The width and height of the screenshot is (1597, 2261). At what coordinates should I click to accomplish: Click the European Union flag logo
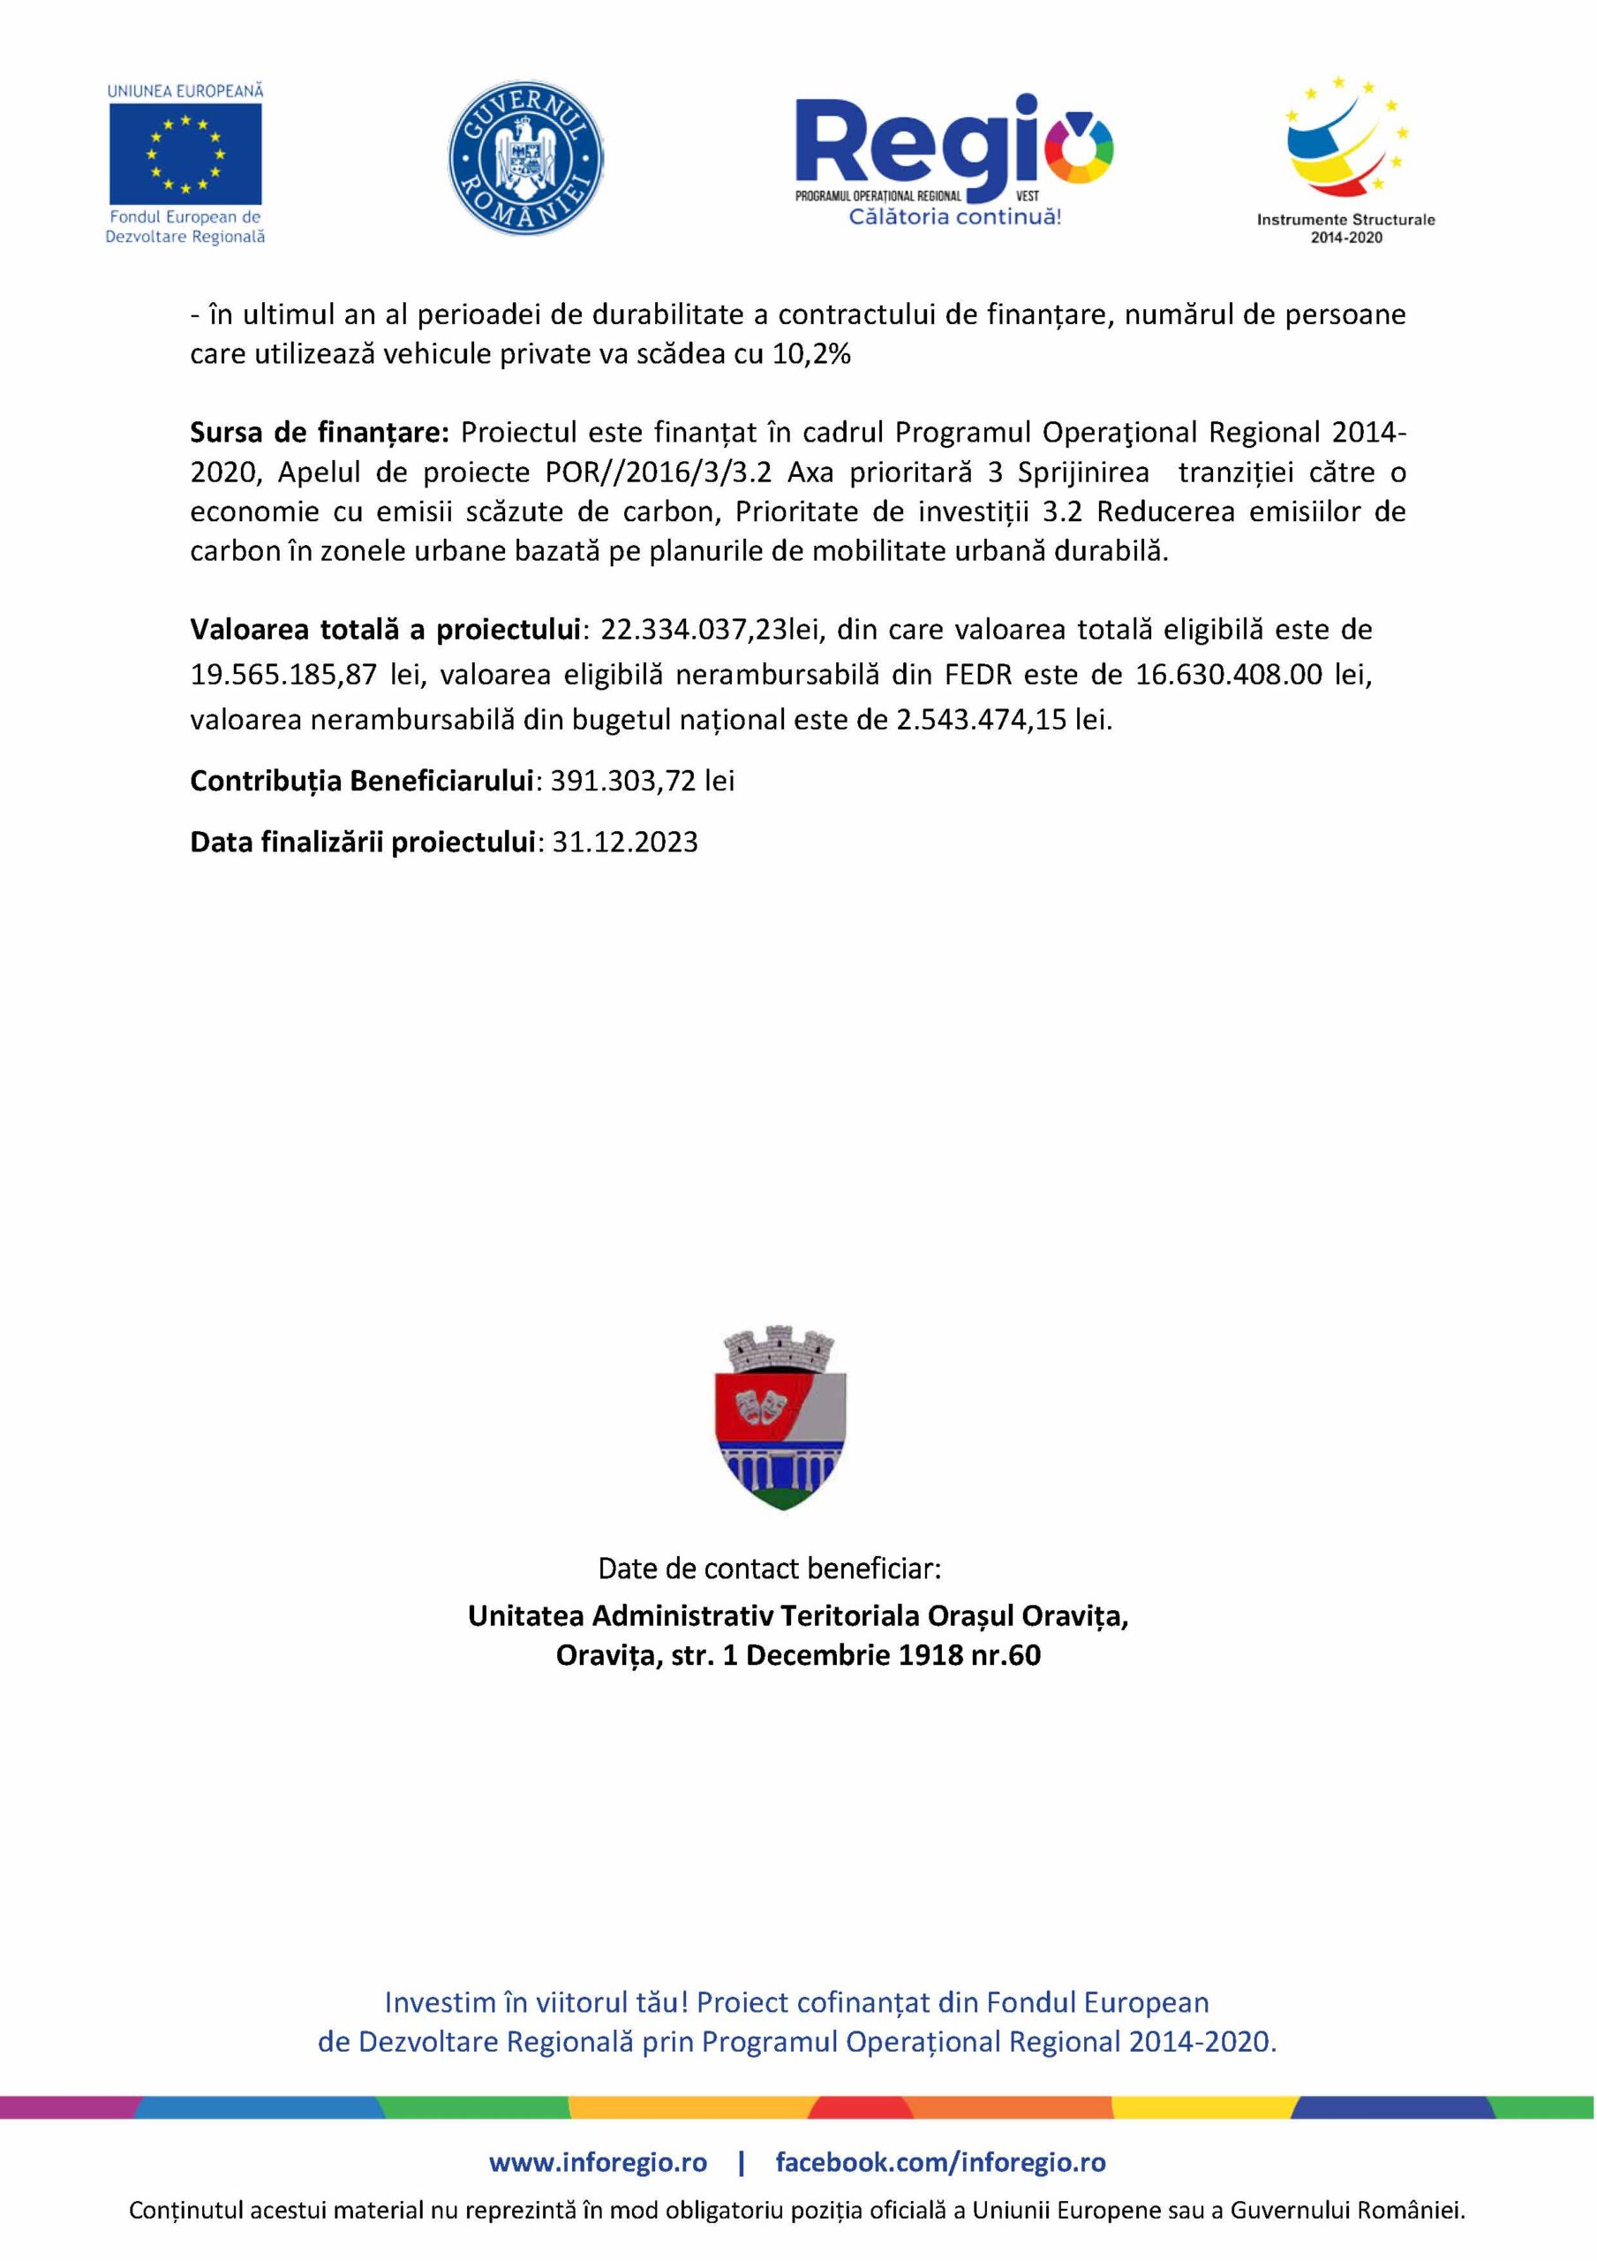(x=185, y=153)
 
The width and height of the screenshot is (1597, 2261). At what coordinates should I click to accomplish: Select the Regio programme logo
(x=953, y=147)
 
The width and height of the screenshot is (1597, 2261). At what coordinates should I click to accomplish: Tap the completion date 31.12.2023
(x=624, y=842)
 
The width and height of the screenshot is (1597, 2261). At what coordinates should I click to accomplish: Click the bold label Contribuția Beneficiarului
(x=361, y=781)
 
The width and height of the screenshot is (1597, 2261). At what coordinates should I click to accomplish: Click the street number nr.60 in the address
(x=1006, y=1654)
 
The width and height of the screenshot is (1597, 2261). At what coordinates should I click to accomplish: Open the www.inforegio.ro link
(x=598, y=2163)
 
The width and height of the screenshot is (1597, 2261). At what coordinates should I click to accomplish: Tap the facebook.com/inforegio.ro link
(x=940, y=2163)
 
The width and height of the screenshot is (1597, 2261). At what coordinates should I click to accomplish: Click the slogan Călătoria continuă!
(x=954, y=217)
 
